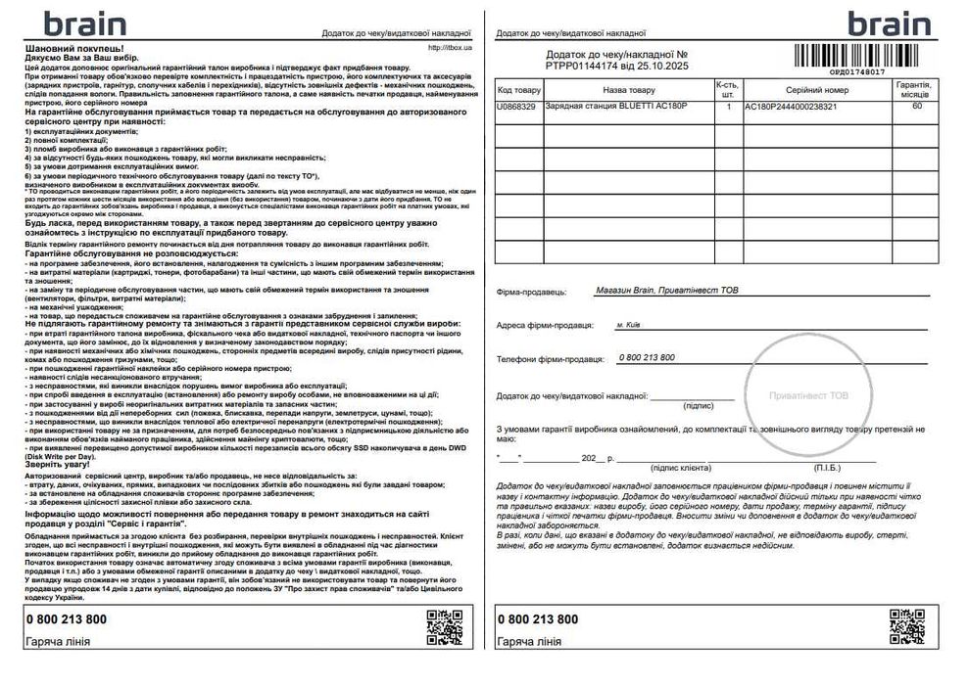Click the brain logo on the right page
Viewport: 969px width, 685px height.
(888, 23)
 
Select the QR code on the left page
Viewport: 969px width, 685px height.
(444, 627)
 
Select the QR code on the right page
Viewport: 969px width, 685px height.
(906, 627)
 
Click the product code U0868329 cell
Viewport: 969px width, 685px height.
(517, 106)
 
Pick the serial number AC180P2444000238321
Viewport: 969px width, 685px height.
(791, 106)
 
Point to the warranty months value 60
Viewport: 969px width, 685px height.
(916, 106)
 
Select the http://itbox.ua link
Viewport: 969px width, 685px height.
(451, 47)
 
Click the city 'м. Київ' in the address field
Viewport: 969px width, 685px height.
(630, 324)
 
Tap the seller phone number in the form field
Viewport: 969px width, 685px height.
(647, 358)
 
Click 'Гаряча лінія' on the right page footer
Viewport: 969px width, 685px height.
(529, 642)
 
